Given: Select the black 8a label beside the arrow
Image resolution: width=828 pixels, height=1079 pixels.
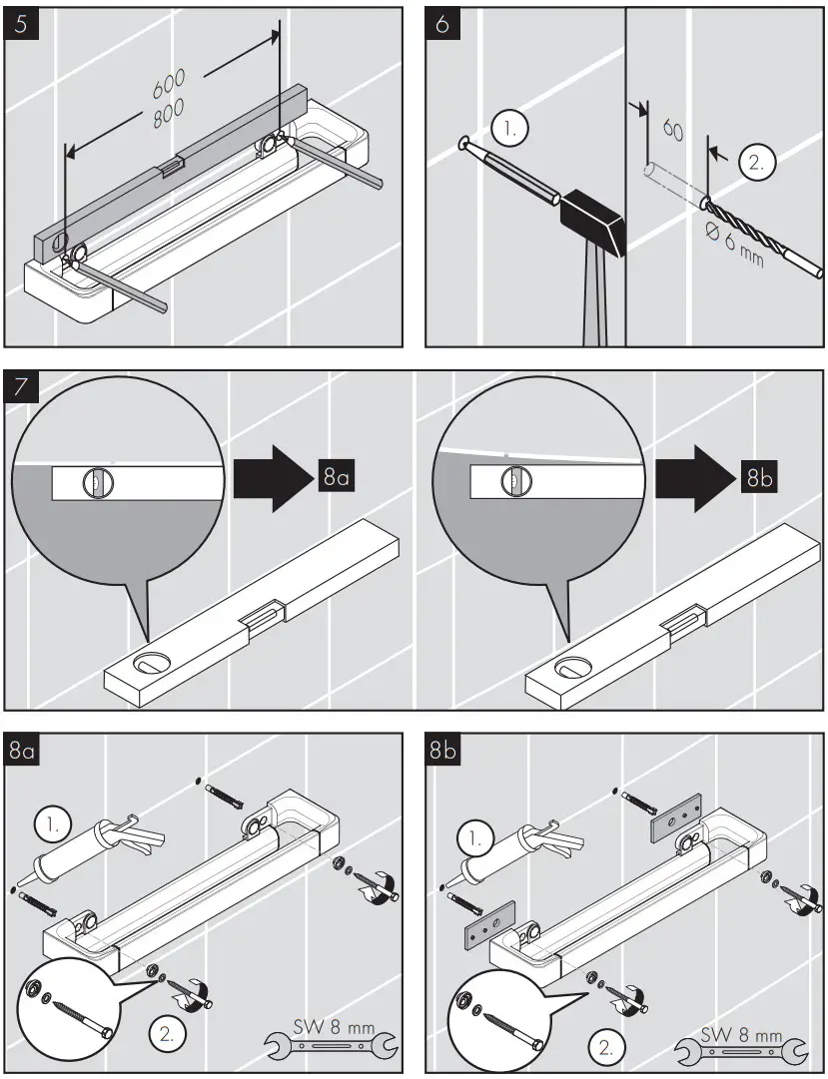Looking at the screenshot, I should [x=335, y=478].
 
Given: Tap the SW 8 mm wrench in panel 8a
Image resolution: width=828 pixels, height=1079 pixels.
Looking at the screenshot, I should [x=331, y=1042].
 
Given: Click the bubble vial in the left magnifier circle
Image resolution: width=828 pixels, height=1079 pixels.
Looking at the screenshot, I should [x=90, y=484].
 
